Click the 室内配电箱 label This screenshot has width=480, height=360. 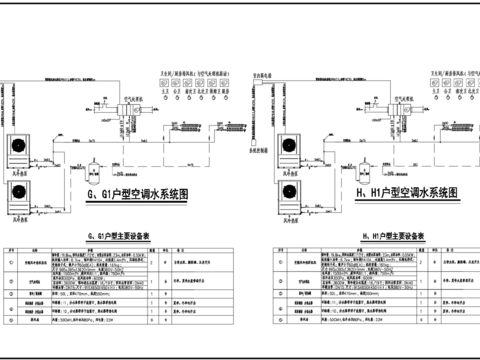coord(262,74)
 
